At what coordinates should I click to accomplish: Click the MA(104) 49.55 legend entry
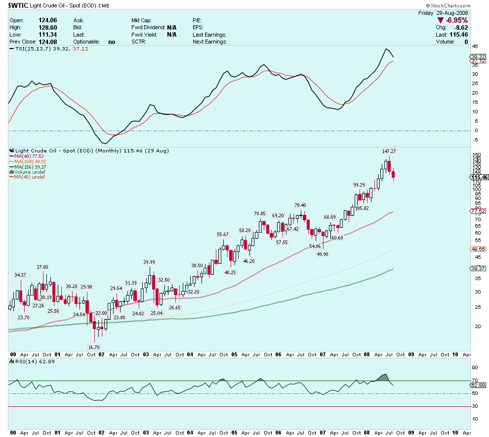click(x=30, y=161)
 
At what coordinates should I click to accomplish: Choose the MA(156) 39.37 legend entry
click(x=30, y=167)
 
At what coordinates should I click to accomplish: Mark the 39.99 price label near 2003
click(x=149, y=262)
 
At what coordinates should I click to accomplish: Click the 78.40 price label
click(x=300, y=205)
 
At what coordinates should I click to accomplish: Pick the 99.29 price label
click(x=359, y=185)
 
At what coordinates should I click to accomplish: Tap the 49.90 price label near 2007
click(x=323, y=254)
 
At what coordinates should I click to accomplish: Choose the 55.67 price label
click(x=223, y=234)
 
